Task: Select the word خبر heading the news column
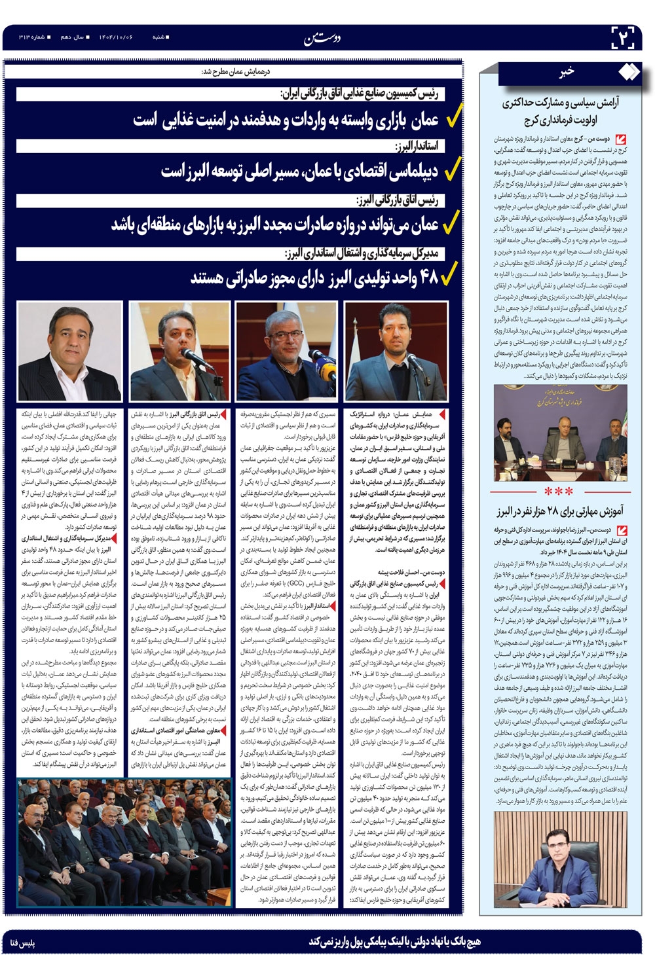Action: (x=567, y=71)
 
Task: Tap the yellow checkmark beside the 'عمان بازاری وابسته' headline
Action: (x=451, y=119)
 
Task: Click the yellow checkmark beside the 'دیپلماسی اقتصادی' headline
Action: (x=451, y=171)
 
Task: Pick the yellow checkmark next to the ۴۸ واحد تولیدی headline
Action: (x=450, y=277)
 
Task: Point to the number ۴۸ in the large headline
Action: (x=427, y=278)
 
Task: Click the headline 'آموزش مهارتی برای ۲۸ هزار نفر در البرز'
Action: (x=559, y=511)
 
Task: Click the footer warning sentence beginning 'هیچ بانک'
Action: (x=394, y=942)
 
